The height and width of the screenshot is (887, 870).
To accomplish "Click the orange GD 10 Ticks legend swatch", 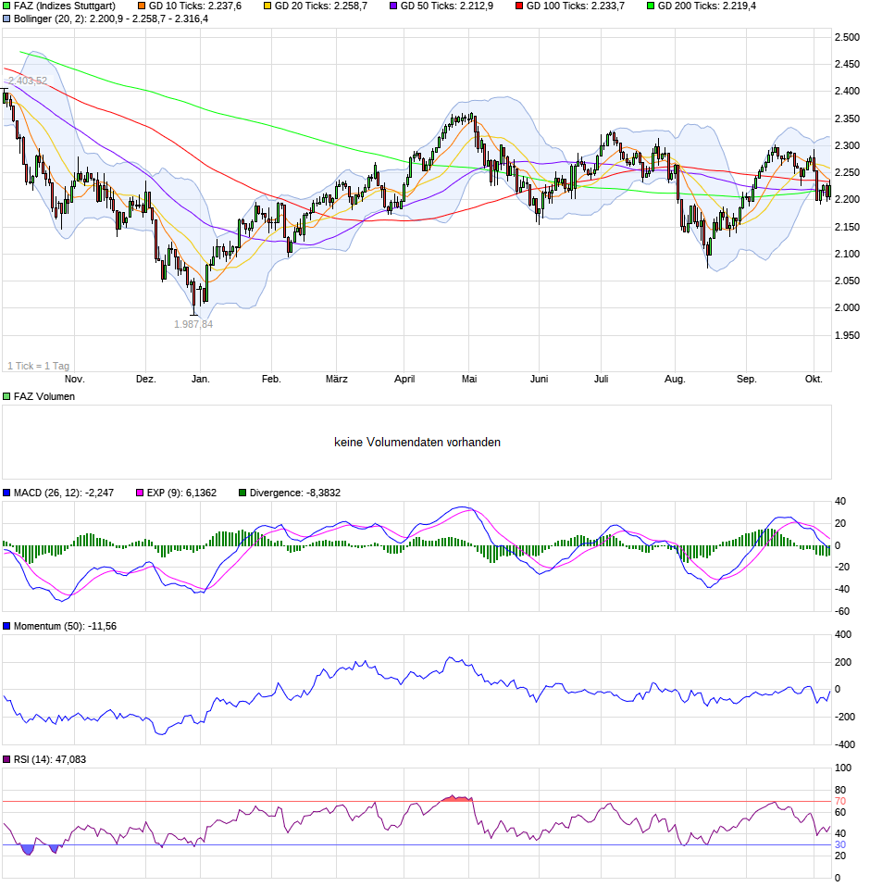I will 128,6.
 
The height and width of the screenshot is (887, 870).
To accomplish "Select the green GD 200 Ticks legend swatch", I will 650,6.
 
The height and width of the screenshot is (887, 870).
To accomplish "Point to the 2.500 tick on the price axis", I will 846,37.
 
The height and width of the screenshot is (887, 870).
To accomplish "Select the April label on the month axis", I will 404,379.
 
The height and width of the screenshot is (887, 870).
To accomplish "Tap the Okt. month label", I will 814,379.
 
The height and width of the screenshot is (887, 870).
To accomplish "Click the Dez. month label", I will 146,379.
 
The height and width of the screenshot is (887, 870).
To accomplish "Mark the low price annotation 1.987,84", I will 193,324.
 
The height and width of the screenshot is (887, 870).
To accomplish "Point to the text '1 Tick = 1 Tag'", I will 38,366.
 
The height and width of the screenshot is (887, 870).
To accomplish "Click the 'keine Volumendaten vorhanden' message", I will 417,443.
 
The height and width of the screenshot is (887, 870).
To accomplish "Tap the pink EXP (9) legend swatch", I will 142,493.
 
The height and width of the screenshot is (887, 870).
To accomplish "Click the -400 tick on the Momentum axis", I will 844,744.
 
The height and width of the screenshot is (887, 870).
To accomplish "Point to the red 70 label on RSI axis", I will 840,802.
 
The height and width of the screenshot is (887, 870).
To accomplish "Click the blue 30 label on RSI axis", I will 840,844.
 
